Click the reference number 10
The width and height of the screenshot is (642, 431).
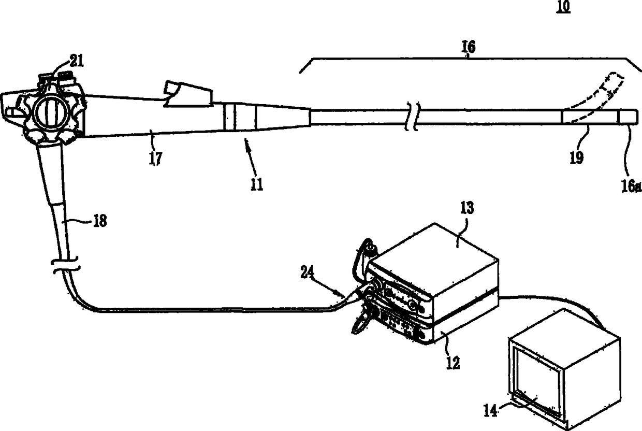[x=563, y=7]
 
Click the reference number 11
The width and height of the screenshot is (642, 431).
[x=257, y=184]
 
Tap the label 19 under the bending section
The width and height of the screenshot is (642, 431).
[x=576, y=157]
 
